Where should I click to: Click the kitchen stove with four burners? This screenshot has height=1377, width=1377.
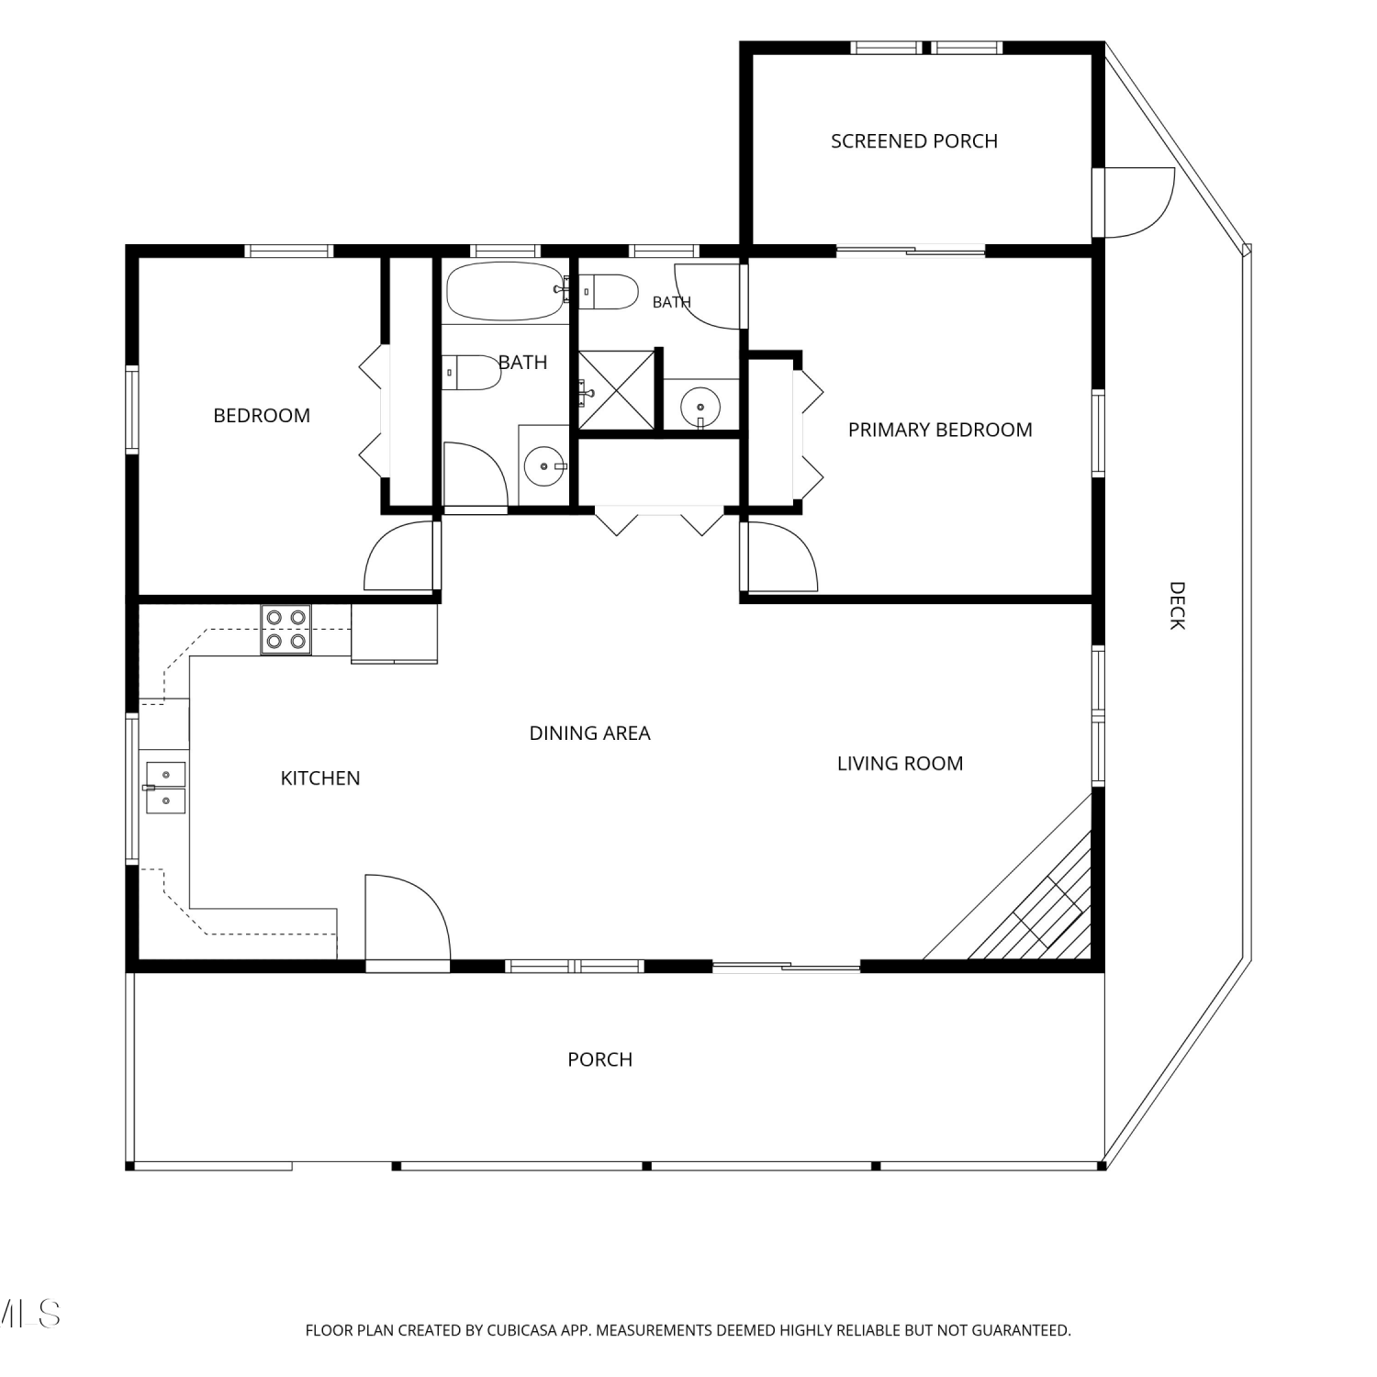point(285,629)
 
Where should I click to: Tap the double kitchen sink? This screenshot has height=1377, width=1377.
point(165,788)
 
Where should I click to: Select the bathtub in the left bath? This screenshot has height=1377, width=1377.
point(505,291)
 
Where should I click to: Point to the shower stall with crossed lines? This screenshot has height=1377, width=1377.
point(616,390)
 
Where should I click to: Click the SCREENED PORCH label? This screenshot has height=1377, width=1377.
point(914,141)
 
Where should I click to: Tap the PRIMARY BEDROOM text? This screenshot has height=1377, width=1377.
point(940,430)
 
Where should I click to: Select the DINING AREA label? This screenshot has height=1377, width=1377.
point(589,733)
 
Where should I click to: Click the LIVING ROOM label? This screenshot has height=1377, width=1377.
point(900,763)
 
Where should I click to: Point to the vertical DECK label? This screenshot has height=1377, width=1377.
point(1177,605)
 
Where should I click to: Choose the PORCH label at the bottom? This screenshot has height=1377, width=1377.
point(599,1059)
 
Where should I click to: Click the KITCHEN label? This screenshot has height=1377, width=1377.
point(320,778)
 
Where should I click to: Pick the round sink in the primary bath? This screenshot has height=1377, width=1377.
point(701,405)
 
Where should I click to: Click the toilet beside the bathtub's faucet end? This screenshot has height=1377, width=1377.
point(609,293)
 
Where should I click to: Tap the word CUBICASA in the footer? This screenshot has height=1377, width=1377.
point(521,1329)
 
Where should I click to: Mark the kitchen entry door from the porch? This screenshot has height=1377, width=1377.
point(408,918)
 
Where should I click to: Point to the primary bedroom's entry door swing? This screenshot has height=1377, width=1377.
point(782,556)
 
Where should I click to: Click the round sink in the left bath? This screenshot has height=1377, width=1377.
point(544,466)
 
